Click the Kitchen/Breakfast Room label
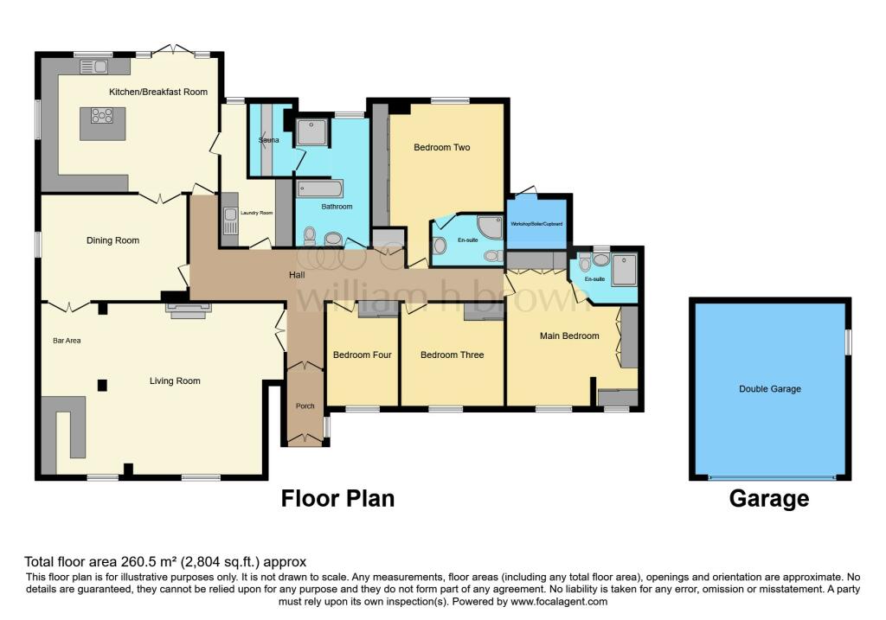tap(158, 92)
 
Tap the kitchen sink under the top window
tap(93, 67)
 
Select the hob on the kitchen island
tap(102, 115)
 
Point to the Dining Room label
tap(112, 240)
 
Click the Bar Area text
tap(67, 341)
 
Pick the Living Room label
tap(175, 381)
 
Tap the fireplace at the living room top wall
tap(188, 310)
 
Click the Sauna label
tap(268, 140)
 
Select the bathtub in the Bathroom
tap(319, 189)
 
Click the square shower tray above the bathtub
tap(311, 132)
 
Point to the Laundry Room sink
tap(230, 221)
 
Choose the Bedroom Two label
tap(442, 147)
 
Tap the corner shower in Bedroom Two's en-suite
tap(490, 227)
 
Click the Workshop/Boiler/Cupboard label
tap(536, 224)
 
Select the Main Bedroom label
tap(569, 336)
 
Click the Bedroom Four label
tap(363, 355)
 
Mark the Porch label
tap(305, 406)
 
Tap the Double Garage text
tap(769, 389)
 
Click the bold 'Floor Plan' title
tap(338, 499)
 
